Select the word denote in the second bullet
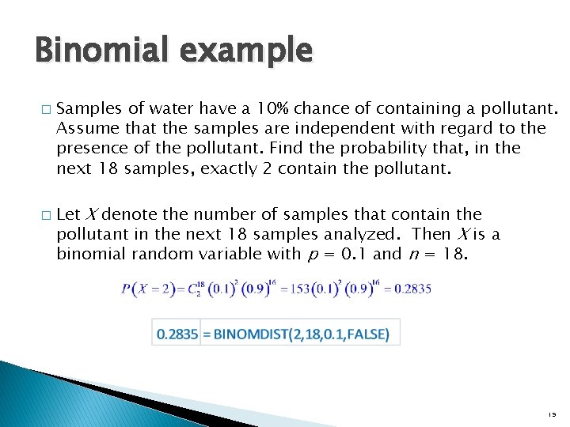tap(131, 213)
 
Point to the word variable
tap(218, 255)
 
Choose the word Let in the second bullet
tap(69, 213)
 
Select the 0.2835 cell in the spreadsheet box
tap(178, 333)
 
